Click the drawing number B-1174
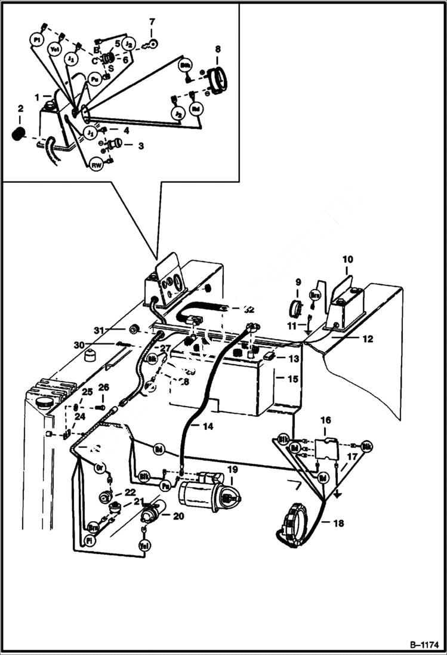pyautogui.click(x=424, y=645)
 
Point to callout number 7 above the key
pyautogui.click(x=152, y=23)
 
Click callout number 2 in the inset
pyautogui.click(x=20, y=109)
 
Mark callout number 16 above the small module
pyautogui.click(x=325, y=421)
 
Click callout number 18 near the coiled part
pyautogui.click(x=338, y=524)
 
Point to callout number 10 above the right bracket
pyautogui.click(x=347, y=259)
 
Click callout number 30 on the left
pyautogui.click(x=79, y=345)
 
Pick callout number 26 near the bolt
pyautogui.click(x=103, y=388)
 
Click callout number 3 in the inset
pyautogui.click(x=141, y=145)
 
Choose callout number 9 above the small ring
pyautogui.click(x=299, y=282)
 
